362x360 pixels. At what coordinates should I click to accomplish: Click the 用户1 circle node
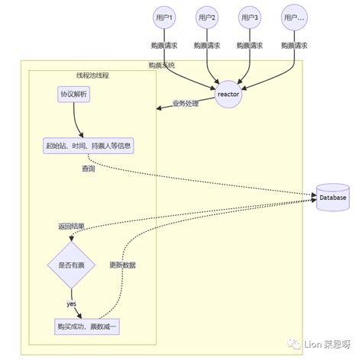tap(163, 17)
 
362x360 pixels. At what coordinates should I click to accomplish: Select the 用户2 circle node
tap(206, 17)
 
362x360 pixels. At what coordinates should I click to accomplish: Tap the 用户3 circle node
tap(249, 17)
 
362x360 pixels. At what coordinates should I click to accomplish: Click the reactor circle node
tap(228, 93)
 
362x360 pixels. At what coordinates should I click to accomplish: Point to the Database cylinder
tap(333, 198)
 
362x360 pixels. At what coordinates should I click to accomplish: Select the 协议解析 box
tap(74, 95)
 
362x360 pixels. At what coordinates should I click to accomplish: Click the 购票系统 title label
tap(161, 66)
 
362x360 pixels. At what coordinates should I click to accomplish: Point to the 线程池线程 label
tap(92, 77)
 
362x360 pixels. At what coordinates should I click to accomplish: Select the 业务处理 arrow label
tap(186, 102)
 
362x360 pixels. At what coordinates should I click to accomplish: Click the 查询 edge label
tap(89, 169)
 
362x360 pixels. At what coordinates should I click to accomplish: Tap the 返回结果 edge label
tap(71, 227)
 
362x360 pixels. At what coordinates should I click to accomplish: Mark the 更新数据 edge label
tap(122, 265)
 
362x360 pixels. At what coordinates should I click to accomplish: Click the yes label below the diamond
tap(71, 304)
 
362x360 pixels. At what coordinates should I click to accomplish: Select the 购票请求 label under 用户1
tap(163, 46)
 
